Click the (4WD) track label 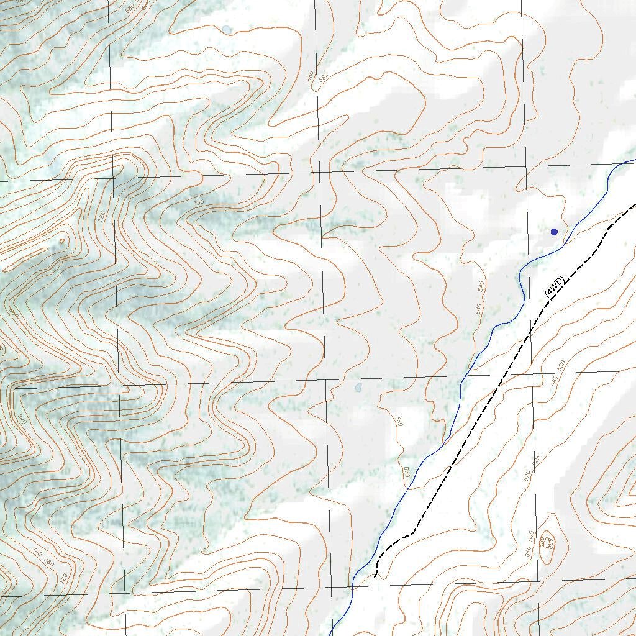tap(554, 286)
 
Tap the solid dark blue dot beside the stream tap(554, 232)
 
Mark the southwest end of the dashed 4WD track tap(375, 576)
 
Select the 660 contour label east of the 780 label tap(199, 202)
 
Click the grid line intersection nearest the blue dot tap(526, 167)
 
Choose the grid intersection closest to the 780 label tap(114, 178)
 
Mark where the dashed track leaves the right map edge tap(634, 204)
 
